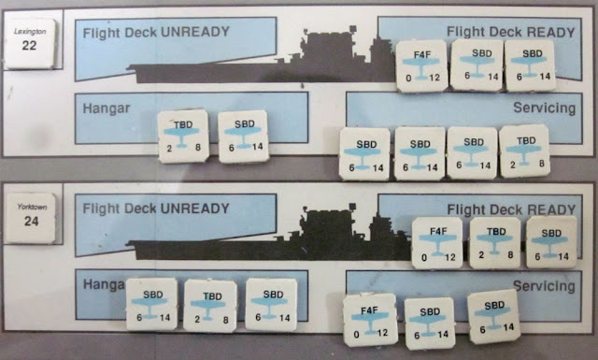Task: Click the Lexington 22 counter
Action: tap(30, 44)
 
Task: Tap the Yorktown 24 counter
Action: tap(31, 219)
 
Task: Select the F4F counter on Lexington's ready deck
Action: tap(421, 66)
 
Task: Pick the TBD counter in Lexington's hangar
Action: tap(183, 137)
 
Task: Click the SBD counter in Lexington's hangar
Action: tap(243, 137)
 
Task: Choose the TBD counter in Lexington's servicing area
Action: tap(524, 151)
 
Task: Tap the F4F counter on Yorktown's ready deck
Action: tap(437, 243)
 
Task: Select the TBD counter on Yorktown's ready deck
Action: tap(495, 243)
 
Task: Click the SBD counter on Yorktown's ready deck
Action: tap(551, 242)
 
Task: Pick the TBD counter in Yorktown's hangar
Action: tap(209, 306)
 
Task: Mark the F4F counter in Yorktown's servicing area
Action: tap(370, 320)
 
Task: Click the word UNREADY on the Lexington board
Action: tap(195, 32)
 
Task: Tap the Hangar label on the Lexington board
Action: tap(107, 108)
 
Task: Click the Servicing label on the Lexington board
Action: tap(544, 108)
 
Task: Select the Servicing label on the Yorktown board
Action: tap(544, 286)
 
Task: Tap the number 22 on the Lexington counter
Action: tap(29, 46)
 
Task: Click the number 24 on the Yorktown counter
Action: tap(31, 221)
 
